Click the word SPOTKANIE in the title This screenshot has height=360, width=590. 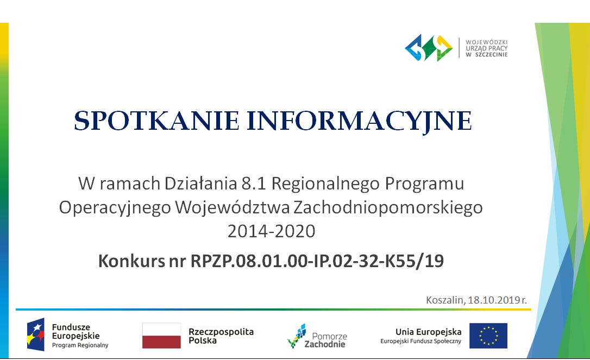pos(156,121)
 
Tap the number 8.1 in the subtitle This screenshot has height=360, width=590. pos(254,184)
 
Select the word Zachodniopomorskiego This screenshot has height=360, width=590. pos(388,207)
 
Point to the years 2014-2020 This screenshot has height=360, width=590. pos(271,231)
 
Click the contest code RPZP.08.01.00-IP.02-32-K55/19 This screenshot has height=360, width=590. pos(317,261)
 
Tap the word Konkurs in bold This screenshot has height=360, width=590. pos(131,261)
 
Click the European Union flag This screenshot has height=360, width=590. pos(488,336)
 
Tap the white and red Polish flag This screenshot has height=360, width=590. pos(161,336)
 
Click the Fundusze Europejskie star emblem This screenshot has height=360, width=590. pos(36,334)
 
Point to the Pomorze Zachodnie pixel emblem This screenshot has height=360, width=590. pos(297,336)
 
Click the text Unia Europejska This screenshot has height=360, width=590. pos(428,332)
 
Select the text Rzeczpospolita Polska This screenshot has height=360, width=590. pos(221,336)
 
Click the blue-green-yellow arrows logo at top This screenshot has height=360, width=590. pos(429,48)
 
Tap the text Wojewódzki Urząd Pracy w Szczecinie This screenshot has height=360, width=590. pos(487,48)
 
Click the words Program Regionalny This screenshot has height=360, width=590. pos(80,345)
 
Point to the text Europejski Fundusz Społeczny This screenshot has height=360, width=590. pos(420,341)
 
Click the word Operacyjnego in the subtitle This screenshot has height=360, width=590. pos(115,207)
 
